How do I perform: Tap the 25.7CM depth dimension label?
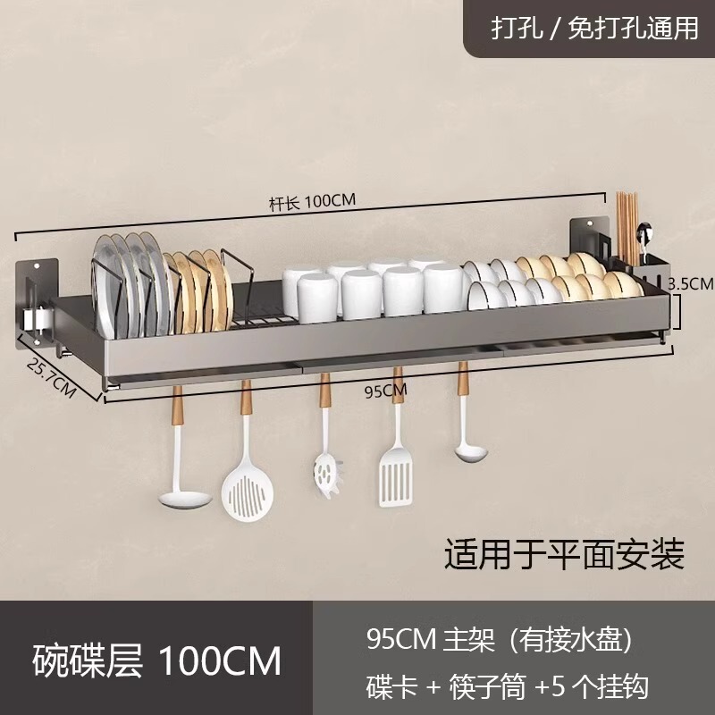49,377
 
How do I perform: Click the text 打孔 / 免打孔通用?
593,29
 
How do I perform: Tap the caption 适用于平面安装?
564,553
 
